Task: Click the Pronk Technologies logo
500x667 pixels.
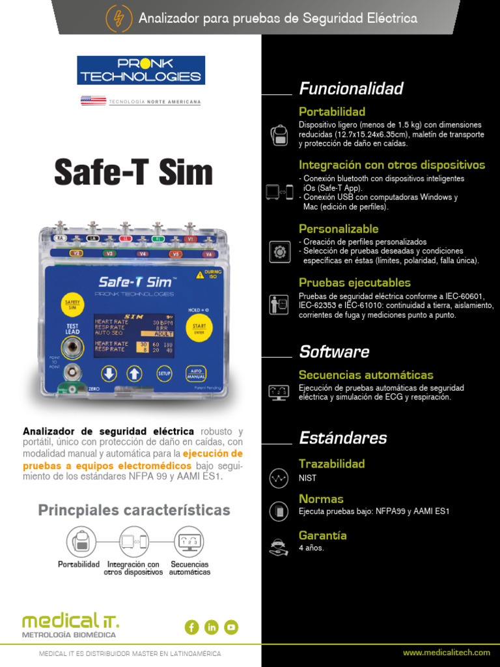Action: (141, 70)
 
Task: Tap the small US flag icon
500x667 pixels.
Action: (94, 101)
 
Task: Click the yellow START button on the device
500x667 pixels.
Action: (199, 328)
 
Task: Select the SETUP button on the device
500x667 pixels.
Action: (165, 373)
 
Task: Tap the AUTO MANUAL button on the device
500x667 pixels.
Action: (196, 373)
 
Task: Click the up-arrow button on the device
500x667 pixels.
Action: (133, 373)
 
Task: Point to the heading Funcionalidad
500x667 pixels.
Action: (351, 89)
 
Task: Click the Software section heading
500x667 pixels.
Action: (334, 352)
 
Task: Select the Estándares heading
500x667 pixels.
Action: (342, 438)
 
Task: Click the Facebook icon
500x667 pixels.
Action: (191, 627)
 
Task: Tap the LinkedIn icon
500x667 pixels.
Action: (212, 627)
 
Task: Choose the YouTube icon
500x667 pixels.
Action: (231, 627)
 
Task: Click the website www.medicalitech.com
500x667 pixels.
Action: (446, 653)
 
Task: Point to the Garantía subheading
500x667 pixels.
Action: (322, 535)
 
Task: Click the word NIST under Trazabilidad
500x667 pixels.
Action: (307, 478)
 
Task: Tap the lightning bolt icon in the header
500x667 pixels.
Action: (118, 18)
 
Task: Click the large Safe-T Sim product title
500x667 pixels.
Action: (133, 173)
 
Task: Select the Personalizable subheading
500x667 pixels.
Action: (338, 229)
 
